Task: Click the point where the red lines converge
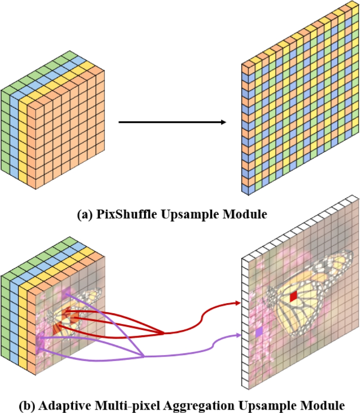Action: [x=163, y=333]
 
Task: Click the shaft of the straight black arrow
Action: [x=168, y=122]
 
